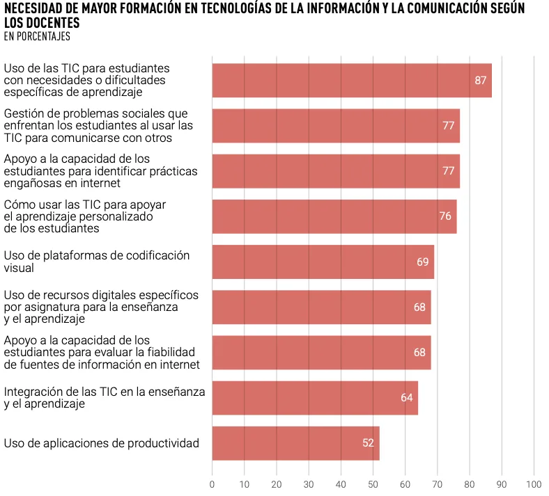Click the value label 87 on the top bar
(x=480, y=81)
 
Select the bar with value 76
(x=334, y=216)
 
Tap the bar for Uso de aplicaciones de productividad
(x=295, y=443)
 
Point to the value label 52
(x=369, y=443)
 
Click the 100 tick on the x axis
(x=534, y=484)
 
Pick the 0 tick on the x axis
(x=212, y=484)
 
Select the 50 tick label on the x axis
(x=373, y=484)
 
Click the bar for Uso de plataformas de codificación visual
(x=323, y=262)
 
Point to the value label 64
(x=407, y=398)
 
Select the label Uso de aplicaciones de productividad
(x=102, y=443)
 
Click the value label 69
(x=423, y=262)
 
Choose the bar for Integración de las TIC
(x=315, y=398)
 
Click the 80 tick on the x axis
(x=470, y=484)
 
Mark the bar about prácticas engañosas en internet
(x=336, y=171)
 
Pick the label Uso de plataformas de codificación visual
(x=97, y=262)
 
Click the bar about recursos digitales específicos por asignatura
(x=321, y=307)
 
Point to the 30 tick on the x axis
(x=309, y=484)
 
